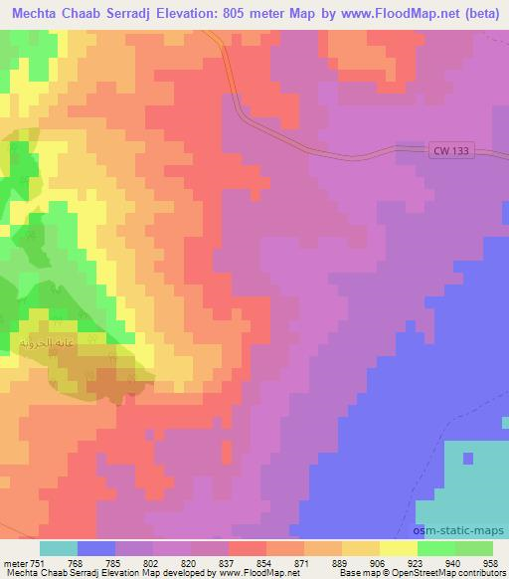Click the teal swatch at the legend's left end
click(59, 547)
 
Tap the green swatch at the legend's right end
click(474, 547)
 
